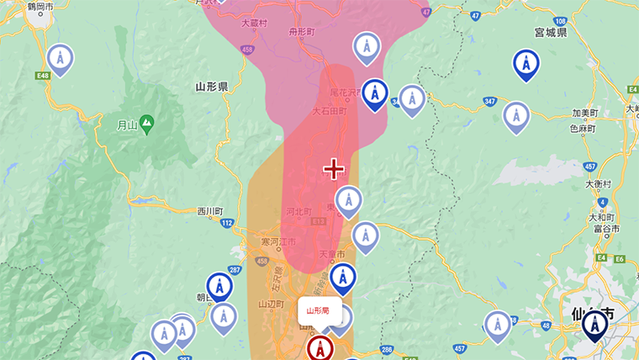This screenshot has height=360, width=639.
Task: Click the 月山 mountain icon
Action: click(147, 123)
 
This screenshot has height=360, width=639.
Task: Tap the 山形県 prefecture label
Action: click(211, 87)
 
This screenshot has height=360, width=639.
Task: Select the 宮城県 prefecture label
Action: click(550, 32)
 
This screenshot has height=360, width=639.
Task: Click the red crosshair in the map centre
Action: click(334, 169)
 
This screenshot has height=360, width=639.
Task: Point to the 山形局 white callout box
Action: click(318, 310)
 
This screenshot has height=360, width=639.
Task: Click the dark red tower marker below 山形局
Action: click(319, 347)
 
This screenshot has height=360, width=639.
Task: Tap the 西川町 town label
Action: click(210, 211)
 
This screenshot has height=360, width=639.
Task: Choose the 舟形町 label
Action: click(300, 31)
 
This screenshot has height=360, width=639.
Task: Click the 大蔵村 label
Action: click(253, 24)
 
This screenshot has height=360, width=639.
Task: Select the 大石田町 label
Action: click(329, 111)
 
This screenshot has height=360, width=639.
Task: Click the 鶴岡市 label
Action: click(40, 7)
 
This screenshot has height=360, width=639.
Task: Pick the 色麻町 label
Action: click(581, 129)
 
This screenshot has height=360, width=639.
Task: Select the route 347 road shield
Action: click(489, 102)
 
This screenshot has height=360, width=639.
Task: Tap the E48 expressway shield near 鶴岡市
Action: click(43, 77)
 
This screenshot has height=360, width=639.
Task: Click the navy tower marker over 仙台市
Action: click(595, 323)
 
